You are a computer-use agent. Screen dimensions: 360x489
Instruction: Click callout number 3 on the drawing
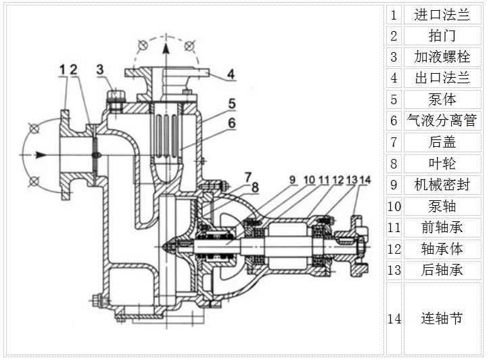(99, 68)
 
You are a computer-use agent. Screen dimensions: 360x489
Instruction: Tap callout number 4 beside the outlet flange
(231, 74)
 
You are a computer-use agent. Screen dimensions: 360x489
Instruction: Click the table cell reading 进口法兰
(442, 15)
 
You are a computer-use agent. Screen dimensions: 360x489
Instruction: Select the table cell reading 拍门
(442, 36)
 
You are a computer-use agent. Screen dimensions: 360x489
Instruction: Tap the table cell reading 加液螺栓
(442, 57)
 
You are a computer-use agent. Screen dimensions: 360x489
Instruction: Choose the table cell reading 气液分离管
(442, 120)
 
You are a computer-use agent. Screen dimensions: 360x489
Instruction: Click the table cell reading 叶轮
(442, 163)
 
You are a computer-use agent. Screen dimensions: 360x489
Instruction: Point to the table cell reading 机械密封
(442, 184)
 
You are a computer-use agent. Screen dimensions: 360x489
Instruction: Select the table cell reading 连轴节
(442, 318)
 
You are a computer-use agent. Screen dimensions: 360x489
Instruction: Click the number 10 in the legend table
(394, 206)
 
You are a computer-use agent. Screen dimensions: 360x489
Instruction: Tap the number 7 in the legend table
(394, 142)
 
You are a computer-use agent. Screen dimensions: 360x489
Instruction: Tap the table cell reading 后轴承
(442, 269)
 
